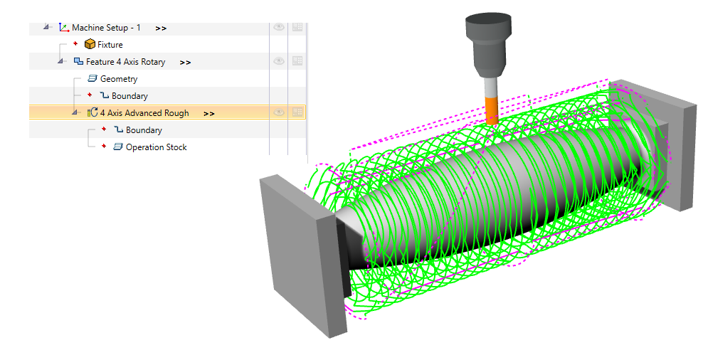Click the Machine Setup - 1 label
coord(106,28)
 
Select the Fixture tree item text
coord(110,45)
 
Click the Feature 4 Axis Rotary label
coord(125,62)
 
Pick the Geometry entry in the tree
coord(119,79)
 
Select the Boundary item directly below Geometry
coord(130,96)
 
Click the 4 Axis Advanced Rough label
coord(144,113)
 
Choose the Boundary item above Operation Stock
coord(144,130)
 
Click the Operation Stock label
coord(156,147)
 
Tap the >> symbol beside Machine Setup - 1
coord(161,28)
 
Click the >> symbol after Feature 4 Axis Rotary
coord(185,63)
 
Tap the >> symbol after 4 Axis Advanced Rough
coord(209,114)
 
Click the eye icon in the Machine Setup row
coord(279,27)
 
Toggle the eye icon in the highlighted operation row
coord(279,112)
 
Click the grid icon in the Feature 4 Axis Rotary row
coord(297,61)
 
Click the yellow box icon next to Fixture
coord(90,45)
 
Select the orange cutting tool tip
coord(491,110)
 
